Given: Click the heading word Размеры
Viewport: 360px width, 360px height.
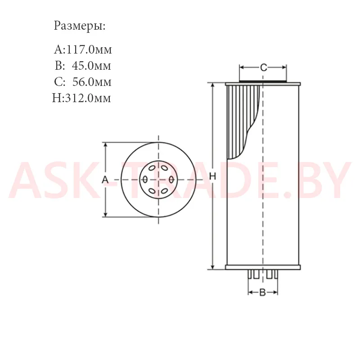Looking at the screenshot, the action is click(80, 26).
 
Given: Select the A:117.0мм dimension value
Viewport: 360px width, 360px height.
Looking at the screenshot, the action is click(83, 49).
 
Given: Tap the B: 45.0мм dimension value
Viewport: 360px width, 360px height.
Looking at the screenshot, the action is click(83, 66).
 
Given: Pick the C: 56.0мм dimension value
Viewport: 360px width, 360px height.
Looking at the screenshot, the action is click(83, 82).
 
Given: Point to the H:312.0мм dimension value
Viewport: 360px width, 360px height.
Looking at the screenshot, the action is click(81, 98).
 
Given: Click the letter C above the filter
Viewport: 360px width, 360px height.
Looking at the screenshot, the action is click(264, 67).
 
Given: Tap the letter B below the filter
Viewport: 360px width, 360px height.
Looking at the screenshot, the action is click(262, 292).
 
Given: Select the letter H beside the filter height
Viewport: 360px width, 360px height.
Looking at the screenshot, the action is click(212, 176).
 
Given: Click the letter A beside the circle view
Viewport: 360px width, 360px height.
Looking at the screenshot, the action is click(105, 180).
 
